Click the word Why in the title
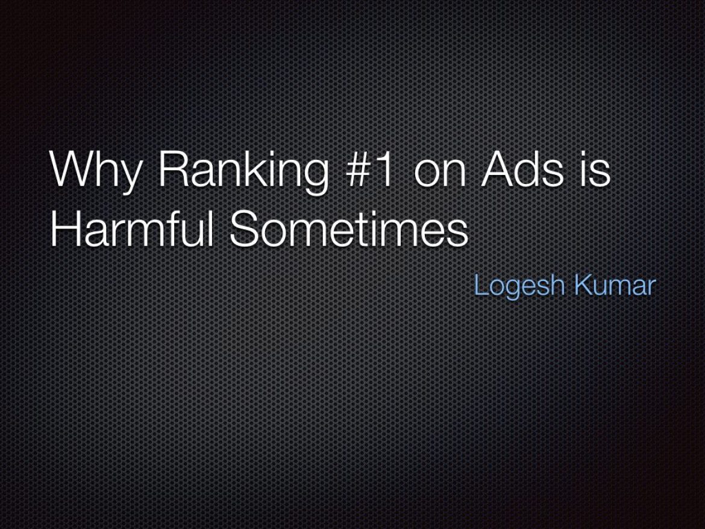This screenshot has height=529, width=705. tap(96, 171)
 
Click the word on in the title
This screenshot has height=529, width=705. tap(439, 173)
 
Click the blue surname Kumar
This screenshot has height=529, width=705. tap(615, 285)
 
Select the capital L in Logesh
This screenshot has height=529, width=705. tap(482, 285)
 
